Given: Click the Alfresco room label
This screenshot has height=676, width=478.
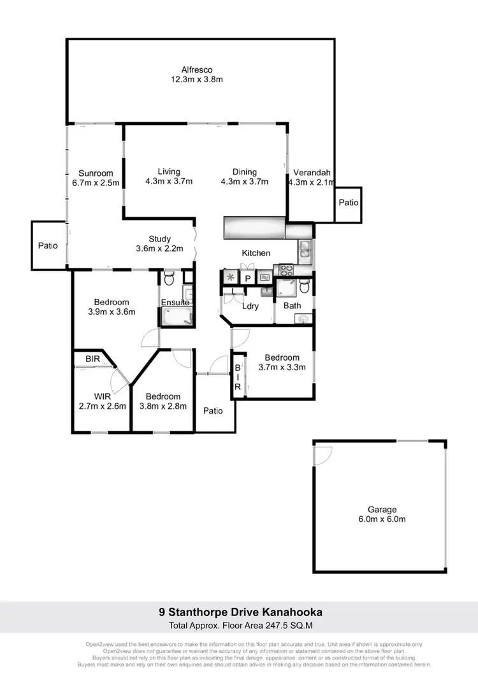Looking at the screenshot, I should pyautogui.click(x=196, y=69).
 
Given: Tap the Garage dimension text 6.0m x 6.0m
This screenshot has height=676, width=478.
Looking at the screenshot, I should pyautogui.click(x=382, y=519).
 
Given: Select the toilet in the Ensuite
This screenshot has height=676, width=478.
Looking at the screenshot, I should pyautogui.click(x=168, y=278).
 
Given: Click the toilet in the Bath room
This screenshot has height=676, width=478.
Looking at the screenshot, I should pyautogui.click(x=305, y=288).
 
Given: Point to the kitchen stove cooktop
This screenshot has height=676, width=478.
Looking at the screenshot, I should pyautogui.click(x=281, y=270).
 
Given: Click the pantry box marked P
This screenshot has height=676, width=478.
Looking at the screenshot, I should pyautogui.click(x=248, y=278).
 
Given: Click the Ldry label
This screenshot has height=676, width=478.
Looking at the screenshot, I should pyautogui.click(x=250, y=306).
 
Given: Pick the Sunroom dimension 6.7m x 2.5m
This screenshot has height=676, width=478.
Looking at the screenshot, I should pyautogui.click(x=96, y=183).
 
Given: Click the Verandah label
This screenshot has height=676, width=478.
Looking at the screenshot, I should pyautogui.click(x=309, y=172).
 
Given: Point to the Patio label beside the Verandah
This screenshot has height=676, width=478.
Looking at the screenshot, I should pyautogui.click(x=348, y=203).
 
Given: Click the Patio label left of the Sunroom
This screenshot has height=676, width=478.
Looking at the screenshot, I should pyautogui.click(x=48, y=245).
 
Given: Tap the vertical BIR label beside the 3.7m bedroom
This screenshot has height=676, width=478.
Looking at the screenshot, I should pyautogui.click(x=237, y=377).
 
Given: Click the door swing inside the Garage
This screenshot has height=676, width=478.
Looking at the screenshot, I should pyautogui.click(x=322, y=454).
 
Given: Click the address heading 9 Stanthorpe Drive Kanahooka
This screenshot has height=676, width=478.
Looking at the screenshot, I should pyautogui.click(x=240, y=612).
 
